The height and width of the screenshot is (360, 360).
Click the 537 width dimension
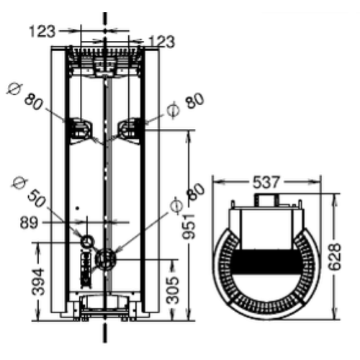click(x=266, y=182)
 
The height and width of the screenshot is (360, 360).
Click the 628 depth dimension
click(x=335, y=257)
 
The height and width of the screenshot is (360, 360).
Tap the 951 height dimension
click(x=189, y=226)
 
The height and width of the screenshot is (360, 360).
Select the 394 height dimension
click(x=38, y=282)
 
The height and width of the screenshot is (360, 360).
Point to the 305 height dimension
click(x=173, y=290)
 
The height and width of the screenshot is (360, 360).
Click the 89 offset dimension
click(x=29, y=222)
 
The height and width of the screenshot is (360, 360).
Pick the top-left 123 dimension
click(x=42, y=32)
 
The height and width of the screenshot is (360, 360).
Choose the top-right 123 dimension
click(x=162, y=41)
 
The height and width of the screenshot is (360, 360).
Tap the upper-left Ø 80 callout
click(x=25, y=96)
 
